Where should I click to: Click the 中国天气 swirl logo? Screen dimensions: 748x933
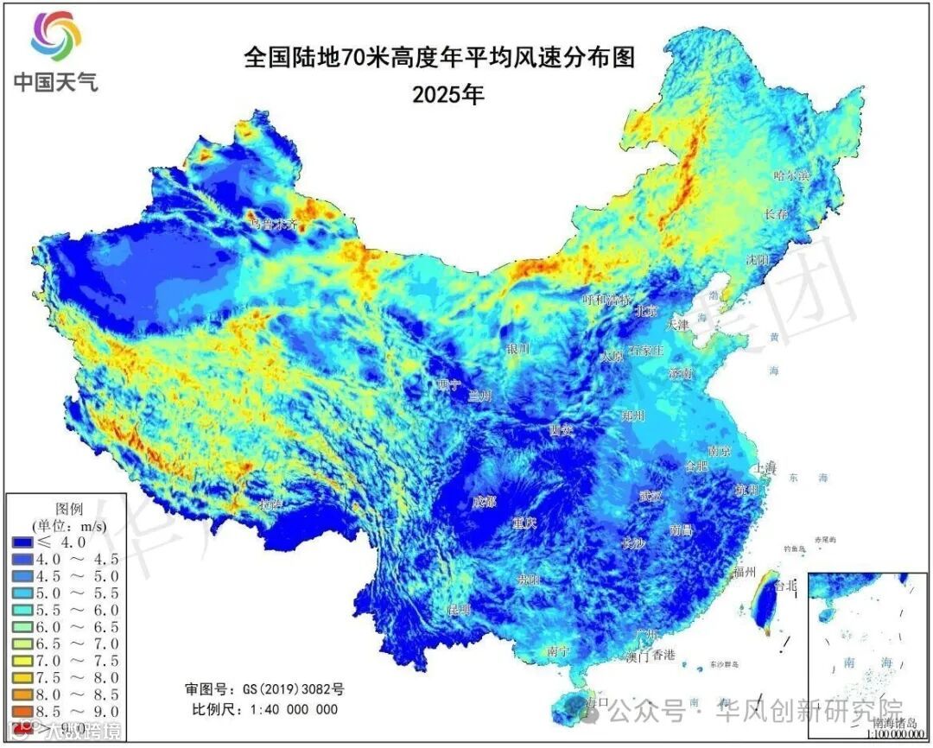click(56, 35)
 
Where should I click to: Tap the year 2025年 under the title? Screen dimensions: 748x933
click(447, 94)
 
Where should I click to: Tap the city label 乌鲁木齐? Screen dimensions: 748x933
click(273, 224)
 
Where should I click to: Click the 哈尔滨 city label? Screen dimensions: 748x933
click(792, 175)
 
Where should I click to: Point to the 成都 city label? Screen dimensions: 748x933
click(484, 502)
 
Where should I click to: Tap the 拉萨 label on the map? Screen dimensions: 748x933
click(270, 504)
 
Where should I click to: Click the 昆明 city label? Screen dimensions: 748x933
click(459, 610)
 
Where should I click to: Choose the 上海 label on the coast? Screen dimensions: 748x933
click(765, 467)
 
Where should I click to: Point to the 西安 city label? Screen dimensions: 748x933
click(562, 429)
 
